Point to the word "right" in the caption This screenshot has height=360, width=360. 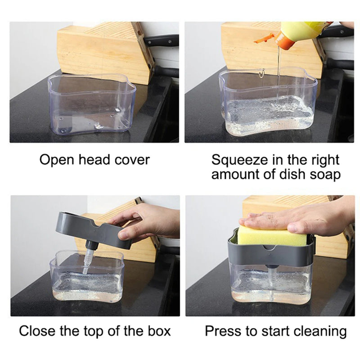pos(323,159)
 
